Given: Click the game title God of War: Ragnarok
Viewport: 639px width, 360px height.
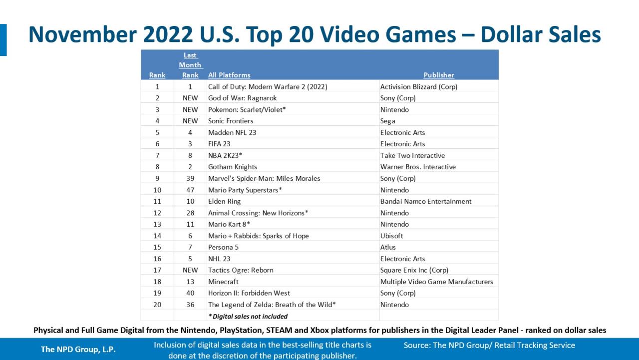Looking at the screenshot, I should tap(242, 98).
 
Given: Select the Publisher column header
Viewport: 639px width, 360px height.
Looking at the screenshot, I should tap(438, 75).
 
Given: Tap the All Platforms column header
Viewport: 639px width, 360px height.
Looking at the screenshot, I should tap(229, 75).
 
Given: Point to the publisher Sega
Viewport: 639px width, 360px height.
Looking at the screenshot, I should tap(388, 121).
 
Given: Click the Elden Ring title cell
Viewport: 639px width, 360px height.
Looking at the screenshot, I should tap(224, 201).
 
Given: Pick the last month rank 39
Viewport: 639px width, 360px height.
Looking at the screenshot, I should tap(190, 178).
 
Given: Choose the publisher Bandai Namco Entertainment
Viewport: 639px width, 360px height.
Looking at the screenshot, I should tap(425, 201).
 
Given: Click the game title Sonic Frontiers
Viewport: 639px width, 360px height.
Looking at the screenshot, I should tap(231, 121).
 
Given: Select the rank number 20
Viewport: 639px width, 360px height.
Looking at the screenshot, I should tap(157, 305).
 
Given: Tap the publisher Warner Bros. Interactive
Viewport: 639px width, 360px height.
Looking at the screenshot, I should tap(418, 167).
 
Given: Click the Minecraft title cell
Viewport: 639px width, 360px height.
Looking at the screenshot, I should tap(223, 282).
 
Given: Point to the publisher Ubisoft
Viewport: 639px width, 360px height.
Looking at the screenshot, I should tap(391, 236).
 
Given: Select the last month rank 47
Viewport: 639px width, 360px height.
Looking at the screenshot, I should tap(190, 190).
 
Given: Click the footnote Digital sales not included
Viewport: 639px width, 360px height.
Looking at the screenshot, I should tap(248, 316).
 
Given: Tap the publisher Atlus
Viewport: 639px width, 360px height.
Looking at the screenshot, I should tap(388, 247).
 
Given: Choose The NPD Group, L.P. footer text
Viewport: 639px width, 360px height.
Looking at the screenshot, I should tap(78, 350).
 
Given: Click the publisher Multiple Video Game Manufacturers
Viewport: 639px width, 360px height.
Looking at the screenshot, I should tap(436, 282).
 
